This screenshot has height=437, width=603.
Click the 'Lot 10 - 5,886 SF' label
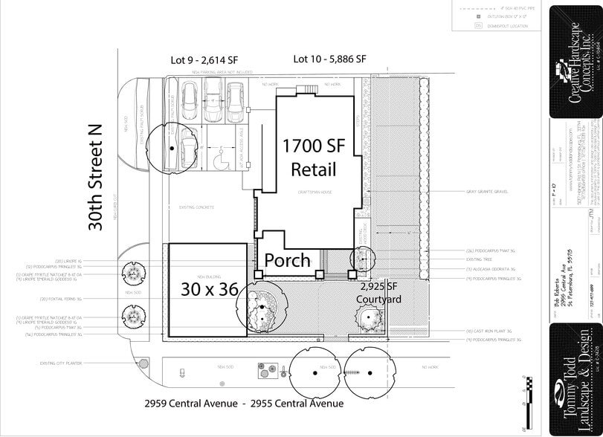(329, 59)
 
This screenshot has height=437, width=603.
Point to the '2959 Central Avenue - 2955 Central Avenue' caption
(244, 404)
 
